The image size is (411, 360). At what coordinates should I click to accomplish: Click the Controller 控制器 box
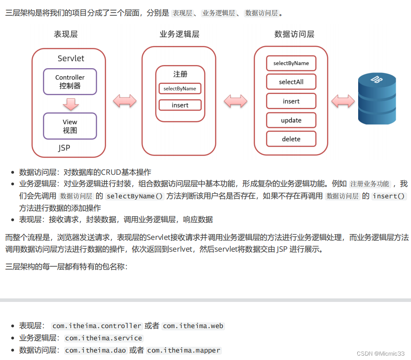(x=70, y=81)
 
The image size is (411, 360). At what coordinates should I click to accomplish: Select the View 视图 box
(x=70, y=126)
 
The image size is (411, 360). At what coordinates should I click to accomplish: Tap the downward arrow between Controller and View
(x=70, y=104)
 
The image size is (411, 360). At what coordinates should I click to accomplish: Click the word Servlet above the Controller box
(x=71, y=59)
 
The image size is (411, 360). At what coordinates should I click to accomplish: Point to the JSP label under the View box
(x=64, y=148)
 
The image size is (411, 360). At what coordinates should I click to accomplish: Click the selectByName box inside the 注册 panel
(x=180, y=89)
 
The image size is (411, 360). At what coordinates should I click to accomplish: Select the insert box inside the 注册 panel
(x=180, y=105)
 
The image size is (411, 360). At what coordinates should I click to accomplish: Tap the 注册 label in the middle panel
(x=180, y=74)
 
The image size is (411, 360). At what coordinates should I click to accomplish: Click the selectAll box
(x=291, y=82)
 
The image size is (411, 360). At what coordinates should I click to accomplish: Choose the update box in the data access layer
(x=291, y=120)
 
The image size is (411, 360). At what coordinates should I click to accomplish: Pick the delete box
(x=291, y=139)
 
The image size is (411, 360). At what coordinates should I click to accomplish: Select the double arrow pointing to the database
(x=342, y=101)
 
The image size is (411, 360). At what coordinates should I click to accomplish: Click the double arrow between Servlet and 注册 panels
(x=124, y=101)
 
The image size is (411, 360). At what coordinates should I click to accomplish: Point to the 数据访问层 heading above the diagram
(x=294, y=35)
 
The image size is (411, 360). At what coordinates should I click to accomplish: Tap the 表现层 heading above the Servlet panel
(x=66, y=35)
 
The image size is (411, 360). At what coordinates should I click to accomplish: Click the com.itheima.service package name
(x=104, y=338)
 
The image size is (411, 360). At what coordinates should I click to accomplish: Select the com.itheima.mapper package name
(x=184, y=350)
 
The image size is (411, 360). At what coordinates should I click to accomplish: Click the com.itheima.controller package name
(x=97, y=326)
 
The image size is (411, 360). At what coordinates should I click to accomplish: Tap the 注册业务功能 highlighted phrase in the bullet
(x=370, y=184)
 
